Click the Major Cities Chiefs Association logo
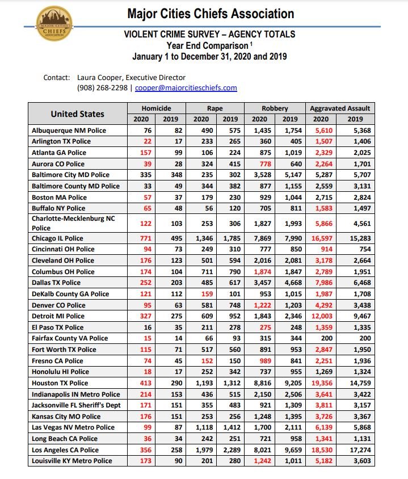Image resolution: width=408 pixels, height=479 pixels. (x=54, y=23)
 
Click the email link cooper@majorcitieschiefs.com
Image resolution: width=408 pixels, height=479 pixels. (x=186, y=88)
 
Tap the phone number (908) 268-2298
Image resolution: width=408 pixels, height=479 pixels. (x=102, y=88)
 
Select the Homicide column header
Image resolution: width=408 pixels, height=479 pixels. (x=156, y=108)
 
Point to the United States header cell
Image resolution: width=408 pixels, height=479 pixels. (x=77, y=114)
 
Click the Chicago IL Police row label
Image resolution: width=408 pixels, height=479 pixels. (x=57, y=238)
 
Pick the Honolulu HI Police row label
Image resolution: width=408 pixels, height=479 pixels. (x=60, y=371)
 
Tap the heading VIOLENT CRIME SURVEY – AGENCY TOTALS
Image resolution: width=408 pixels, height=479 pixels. (x=210, y=35)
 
